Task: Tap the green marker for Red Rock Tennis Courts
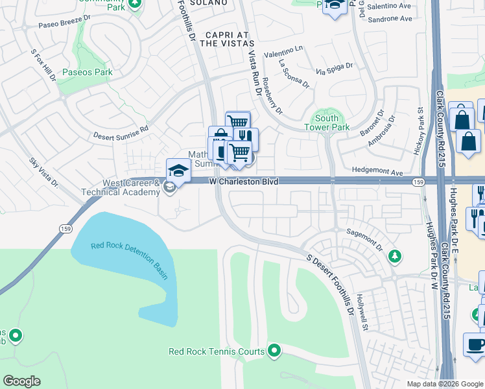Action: pyautogui.click(x=274, y=351)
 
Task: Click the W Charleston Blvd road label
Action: pyautogui.click(x=244, y=182)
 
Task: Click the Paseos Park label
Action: pyautogui.click(x=84, y=73)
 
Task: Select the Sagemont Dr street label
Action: pyautogui.click(x=365, y=241)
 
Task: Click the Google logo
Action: pyautogui.click(x=21, y=381)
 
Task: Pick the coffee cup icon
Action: pyautogui.click(x=475, y=344)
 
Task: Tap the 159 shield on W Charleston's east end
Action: pyautogui.click(x=418, y=183)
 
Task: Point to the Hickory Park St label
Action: pyautogui.click(x=418, y=131)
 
